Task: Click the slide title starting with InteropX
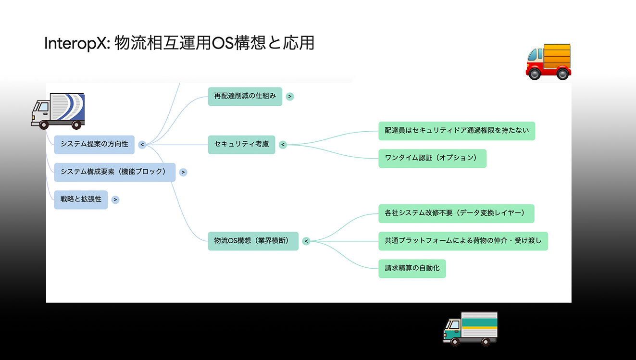(179, 43)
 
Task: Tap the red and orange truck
(549, 61)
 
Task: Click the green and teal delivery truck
(470, 329)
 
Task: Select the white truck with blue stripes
(58, 111)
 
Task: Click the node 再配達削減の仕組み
(245, 96)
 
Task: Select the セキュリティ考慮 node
(241, 144)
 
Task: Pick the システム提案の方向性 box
(94, 144)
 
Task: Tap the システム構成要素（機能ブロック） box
(114, 172)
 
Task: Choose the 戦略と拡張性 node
(81, 199)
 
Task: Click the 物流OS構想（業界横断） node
(253, 241)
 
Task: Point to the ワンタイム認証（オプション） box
(432, 158)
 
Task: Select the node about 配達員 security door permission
(456, 131)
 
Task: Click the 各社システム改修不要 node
(456, 213)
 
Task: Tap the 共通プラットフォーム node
(463, 241)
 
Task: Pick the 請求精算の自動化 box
(412, 268)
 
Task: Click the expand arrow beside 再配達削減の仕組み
(290, 96)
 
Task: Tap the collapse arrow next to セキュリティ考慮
(283, 144)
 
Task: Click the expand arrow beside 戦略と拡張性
(115, 199)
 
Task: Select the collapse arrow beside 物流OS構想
(306, 241)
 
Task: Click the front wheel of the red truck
(534, 74)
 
